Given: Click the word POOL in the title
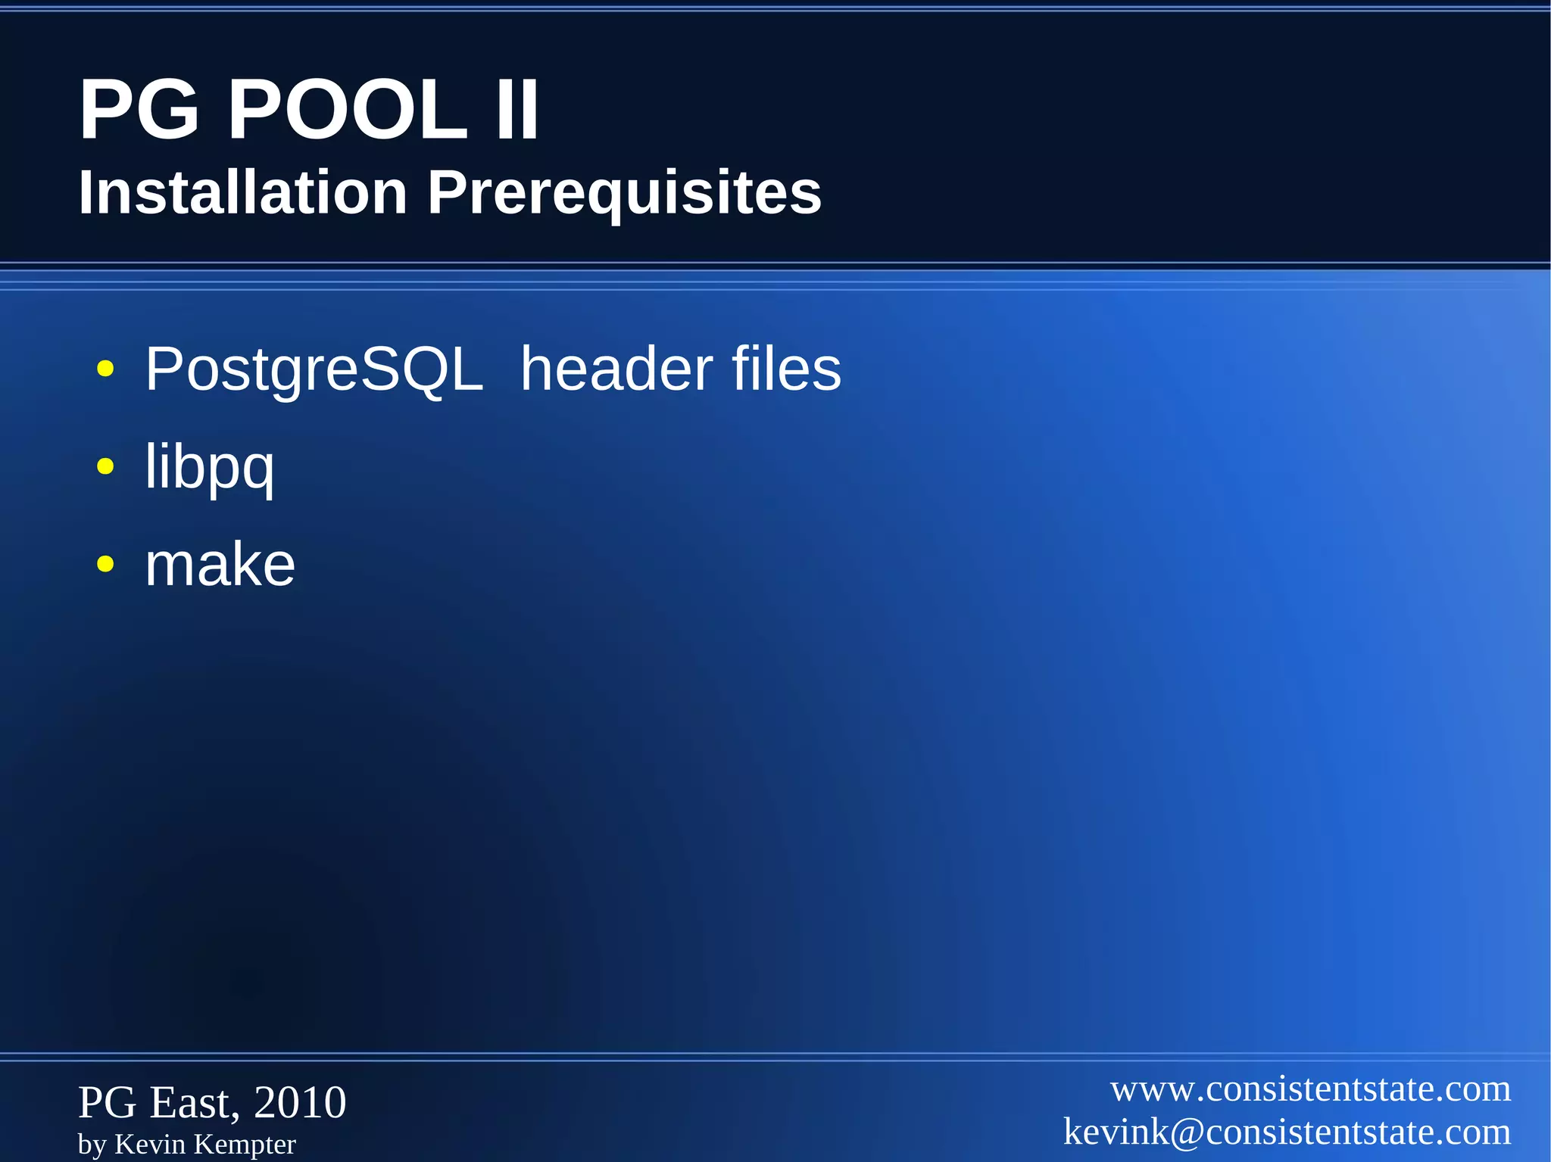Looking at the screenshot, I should [x=348, y=111].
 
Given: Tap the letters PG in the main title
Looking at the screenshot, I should [x=139, y=111].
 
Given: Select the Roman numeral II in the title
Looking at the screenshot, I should [x=517, y=111].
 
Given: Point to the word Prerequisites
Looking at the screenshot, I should [x=624, y=194].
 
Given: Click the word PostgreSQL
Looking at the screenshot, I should [x=314, y=370].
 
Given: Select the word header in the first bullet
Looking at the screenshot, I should [x=616, y=369].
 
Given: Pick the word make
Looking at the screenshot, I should [x=220, y=565].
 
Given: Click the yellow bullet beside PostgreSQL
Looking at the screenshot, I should [x=105, y=370].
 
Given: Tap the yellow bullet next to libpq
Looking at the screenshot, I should [x=105, y=467].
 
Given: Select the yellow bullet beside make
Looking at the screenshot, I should [x=105, y=564].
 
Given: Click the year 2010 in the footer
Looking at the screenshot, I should [x=300, y=1102].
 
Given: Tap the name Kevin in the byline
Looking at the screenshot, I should [x=149, y=1144].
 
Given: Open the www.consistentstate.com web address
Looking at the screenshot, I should [x=1310, y=1089].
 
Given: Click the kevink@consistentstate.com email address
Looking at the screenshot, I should [x=1287, y=1132].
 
